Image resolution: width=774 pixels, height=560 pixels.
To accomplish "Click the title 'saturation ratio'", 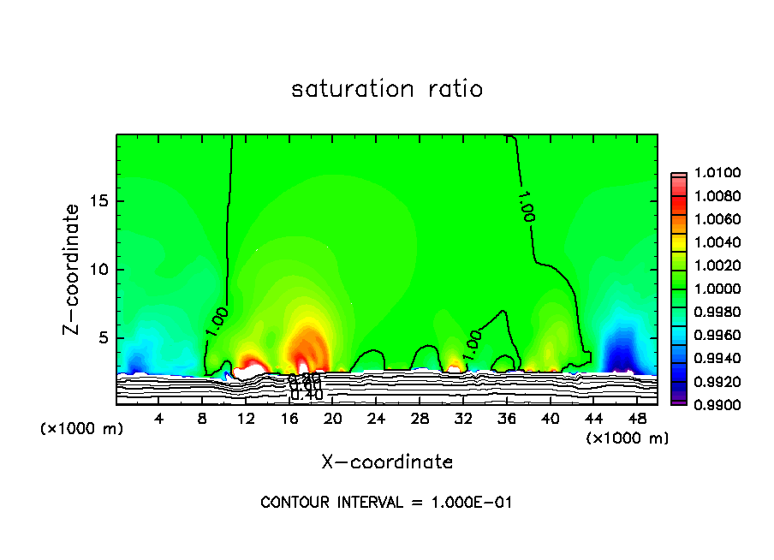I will [x=387, y=89].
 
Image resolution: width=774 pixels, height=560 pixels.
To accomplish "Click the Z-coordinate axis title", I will [x=73, y=269].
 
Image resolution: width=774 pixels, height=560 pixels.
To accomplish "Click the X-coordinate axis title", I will [x=387, y=462].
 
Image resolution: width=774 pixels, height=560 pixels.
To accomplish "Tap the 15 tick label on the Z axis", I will [x=98, y=201].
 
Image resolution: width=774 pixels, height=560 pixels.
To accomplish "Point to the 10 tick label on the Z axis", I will [x=98, y=270].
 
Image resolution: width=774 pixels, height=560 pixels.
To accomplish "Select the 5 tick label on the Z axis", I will [x=103, y=338].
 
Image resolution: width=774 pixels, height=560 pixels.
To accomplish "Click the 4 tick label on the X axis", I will [x=159, y=420].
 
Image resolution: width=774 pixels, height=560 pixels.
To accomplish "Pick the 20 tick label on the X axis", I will [x=333, y=420].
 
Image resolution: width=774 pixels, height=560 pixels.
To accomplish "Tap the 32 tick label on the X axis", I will [x=463, y=420].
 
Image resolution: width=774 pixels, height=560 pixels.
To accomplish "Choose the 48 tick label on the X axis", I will [x=637, y=420].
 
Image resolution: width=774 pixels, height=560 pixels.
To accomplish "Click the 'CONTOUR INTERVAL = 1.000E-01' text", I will [x=386, y=503].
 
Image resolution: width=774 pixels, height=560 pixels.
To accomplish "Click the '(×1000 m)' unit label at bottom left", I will [x=82, y=429].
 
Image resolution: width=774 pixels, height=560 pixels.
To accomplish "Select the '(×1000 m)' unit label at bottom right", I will [x=628, y=438].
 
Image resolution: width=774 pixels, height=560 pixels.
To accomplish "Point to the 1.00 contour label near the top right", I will [x=526, y=206].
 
